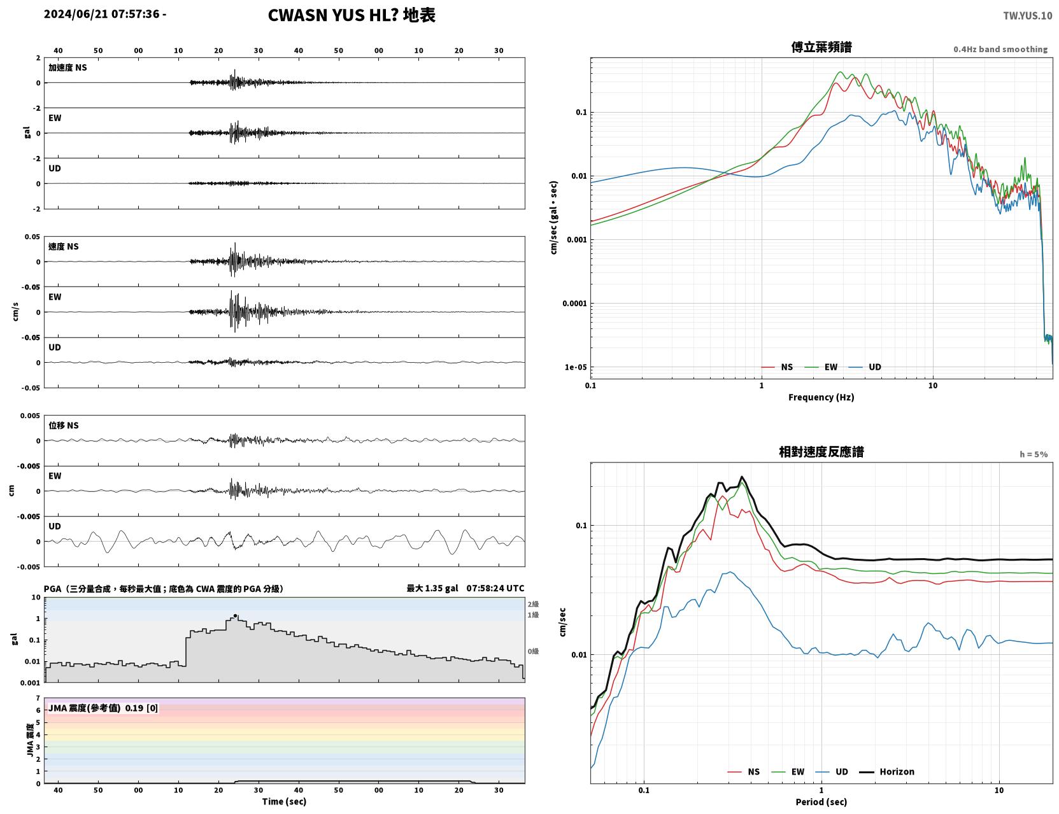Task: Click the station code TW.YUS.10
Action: [1027, 15]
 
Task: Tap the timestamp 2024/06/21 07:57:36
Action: [101, 14]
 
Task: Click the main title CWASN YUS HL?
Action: [333, 15]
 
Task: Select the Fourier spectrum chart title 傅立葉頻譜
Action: [821, 47]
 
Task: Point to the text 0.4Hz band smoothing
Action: [1000, 49]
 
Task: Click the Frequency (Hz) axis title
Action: [821, 397]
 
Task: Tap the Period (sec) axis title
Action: [821, 802]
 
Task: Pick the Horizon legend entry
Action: [886, 771]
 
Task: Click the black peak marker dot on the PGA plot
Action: [236, 616]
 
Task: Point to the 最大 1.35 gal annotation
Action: [432, 588]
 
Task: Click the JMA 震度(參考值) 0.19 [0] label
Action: [103, 708]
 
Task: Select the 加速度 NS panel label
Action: [68, 67]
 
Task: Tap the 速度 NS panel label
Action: [63, 246]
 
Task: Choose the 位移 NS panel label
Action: [63, 425]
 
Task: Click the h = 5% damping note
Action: [1033, 454]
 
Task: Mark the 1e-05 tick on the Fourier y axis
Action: [576, 367]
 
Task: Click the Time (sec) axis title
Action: [284, 801]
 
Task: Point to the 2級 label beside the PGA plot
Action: [533, 604]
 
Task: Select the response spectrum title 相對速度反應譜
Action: [821, 452]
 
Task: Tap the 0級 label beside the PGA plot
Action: [533, 652]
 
